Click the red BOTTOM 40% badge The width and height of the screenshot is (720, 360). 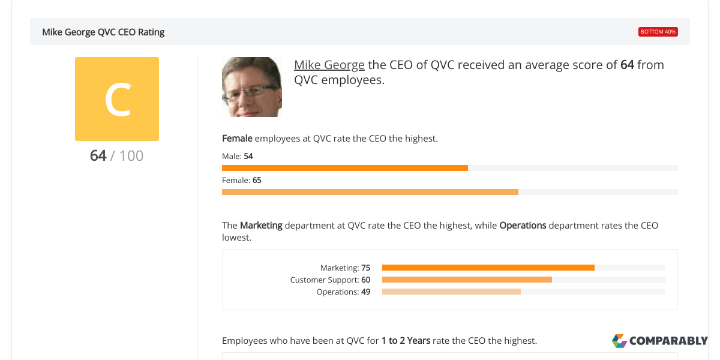(x=658, y=32)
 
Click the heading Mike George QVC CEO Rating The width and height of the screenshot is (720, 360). (x=103, y=32)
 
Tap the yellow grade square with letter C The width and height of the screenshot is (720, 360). (x=117, y=99)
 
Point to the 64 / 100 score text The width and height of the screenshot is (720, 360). (x=116, y=155)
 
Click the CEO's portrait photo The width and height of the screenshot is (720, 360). (x=252, y=87)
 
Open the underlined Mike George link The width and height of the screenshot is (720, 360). (x=329, y=65)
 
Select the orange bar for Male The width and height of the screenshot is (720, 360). (x=345, y=168)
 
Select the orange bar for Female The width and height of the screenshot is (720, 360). (x=370, y=192)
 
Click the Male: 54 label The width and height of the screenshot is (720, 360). (x=238, y=156)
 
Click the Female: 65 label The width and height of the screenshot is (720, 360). (x=242, y=181)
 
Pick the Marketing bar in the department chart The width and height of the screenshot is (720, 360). (x=488, y=268)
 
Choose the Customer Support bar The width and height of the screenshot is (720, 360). (x=467, y=280)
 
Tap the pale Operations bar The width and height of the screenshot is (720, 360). (x=451, y=292)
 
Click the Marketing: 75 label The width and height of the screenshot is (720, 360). (x=345, y=268)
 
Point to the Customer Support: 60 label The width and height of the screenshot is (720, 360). (x=330, y=280)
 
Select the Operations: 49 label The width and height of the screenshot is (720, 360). (x=343, y=292)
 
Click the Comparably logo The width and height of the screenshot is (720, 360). (x=660, y=341)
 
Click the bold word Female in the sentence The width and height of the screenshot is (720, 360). (x=237, y=139)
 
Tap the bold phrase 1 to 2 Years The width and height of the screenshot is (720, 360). (x=406, y=341)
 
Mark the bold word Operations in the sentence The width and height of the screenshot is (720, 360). (x=523, y=226)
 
